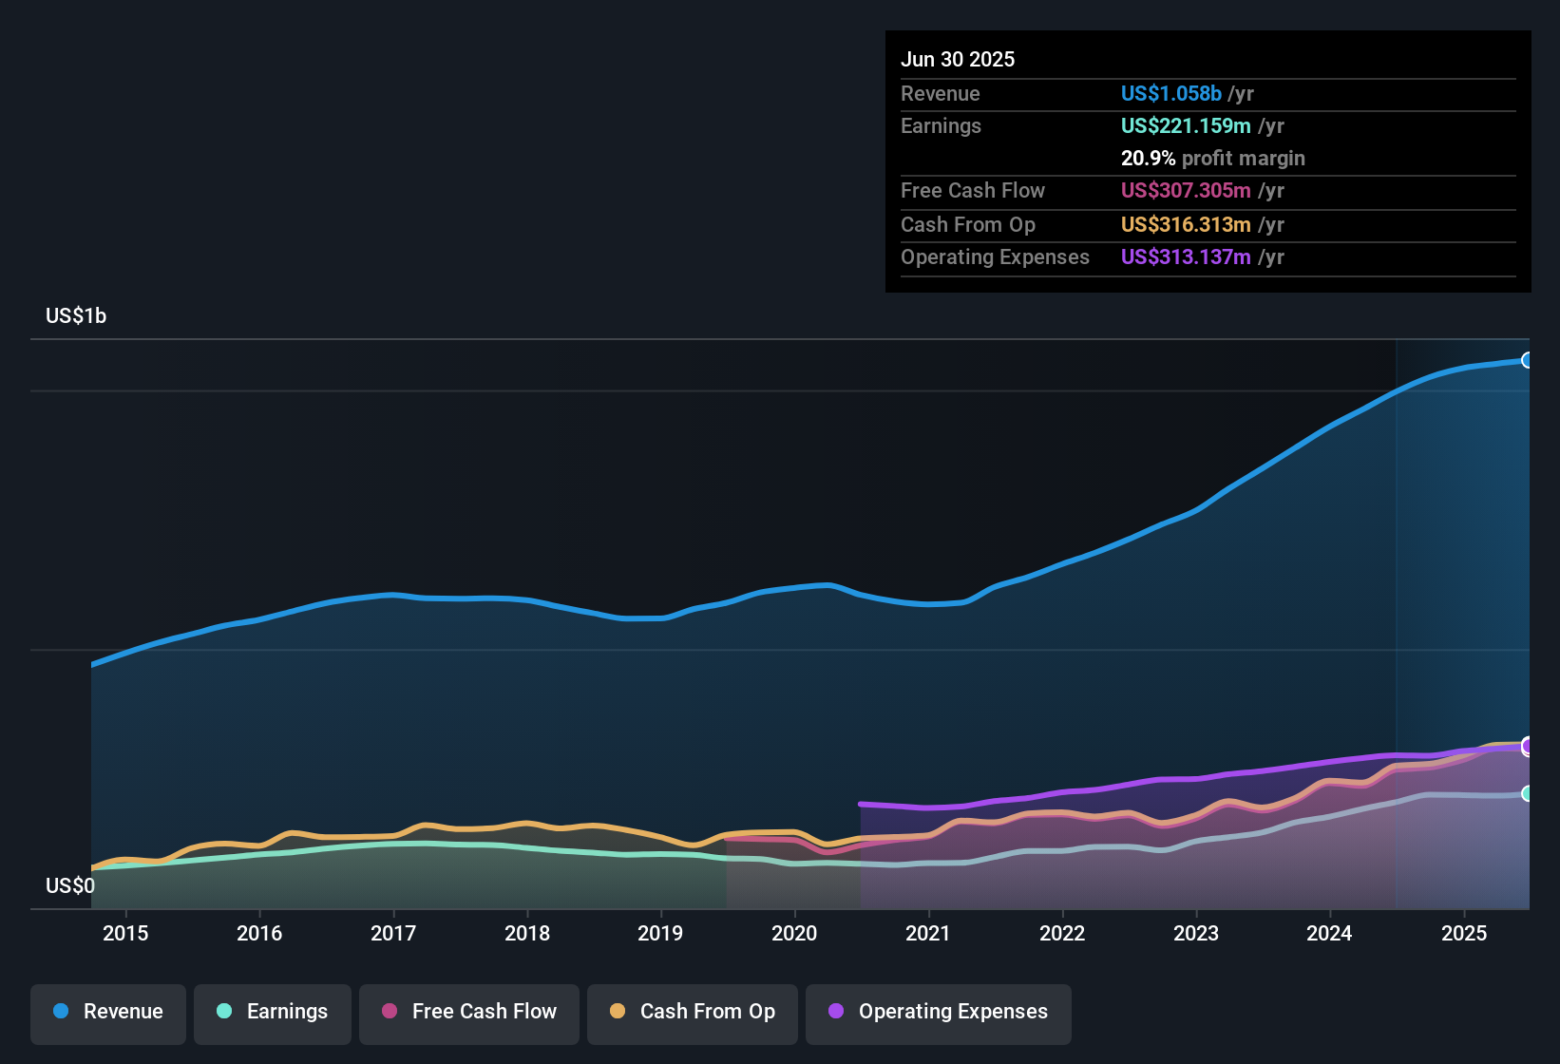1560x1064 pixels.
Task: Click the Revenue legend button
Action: tap(108, 1012)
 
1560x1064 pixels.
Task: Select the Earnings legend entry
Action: tap(273, 1012)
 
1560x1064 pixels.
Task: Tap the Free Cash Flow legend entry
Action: tap(469, 1012)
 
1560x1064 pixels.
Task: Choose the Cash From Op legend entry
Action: tap(693, 1012)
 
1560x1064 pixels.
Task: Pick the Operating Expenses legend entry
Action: tap(939, 1012)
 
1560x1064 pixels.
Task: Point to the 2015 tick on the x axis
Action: tap(125, 933)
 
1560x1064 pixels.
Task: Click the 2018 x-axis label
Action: tap(527, 933)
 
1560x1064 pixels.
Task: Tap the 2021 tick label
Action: tap(928, 933)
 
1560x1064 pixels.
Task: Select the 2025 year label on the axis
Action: tap(1464, 933)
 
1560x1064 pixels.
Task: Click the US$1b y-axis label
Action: tap(76, 316)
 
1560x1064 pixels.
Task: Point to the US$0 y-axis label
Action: tap(70, 886)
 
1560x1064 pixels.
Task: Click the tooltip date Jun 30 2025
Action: tap(958, 60)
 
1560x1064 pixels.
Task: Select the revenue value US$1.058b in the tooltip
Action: tap(1170, 94)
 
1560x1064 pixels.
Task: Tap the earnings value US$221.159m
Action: tap(1186, 126)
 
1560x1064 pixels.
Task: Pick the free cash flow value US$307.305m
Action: tap(1186, 191)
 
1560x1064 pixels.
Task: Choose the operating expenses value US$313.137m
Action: tap(1186, 257)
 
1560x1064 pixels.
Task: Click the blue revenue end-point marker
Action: tap(1528, 360)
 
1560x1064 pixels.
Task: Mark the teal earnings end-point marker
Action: tap(1528, 793)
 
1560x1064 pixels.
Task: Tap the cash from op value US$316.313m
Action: tap(1186, 225)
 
